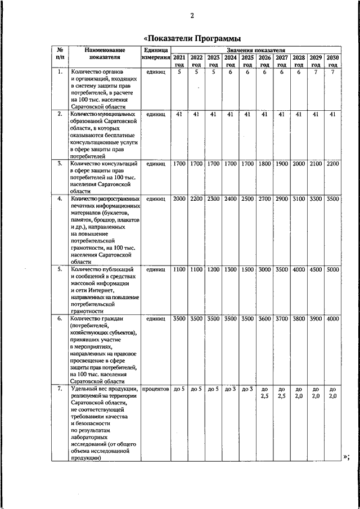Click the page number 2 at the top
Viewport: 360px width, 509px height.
[191, 15]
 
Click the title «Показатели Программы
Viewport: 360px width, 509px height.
[192, 38]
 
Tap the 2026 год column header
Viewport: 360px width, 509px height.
[264, 61]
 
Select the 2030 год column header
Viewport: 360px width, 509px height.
[333, 61]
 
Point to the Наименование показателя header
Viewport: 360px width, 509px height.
[105, 53]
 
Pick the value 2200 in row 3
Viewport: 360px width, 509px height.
[333, 164]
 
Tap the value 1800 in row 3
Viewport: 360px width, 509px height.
[264, 164]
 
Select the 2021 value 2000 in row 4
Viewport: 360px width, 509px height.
[179, 199]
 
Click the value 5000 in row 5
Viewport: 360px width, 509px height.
[333, 269]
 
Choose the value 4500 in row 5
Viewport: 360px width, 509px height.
[316, 269]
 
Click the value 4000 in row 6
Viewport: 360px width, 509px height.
[333, 319]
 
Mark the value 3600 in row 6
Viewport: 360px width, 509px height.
[264, 319]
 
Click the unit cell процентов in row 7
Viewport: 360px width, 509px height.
[156, 389]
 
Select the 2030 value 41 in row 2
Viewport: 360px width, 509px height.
[333, 114]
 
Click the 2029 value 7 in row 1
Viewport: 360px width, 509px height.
[316, 72]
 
